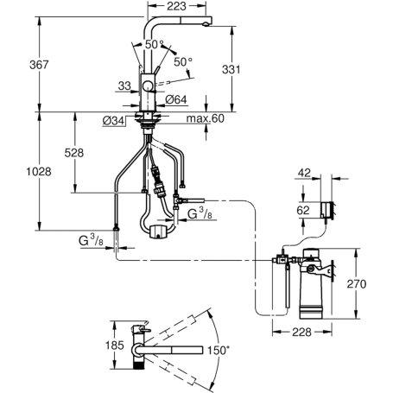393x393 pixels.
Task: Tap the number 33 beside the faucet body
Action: [x=124, y=86]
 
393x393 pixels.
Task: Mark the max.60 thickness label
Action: [x=199, y=119]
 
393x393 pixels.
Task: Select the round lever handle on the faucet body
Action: [x=149, y=84]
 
